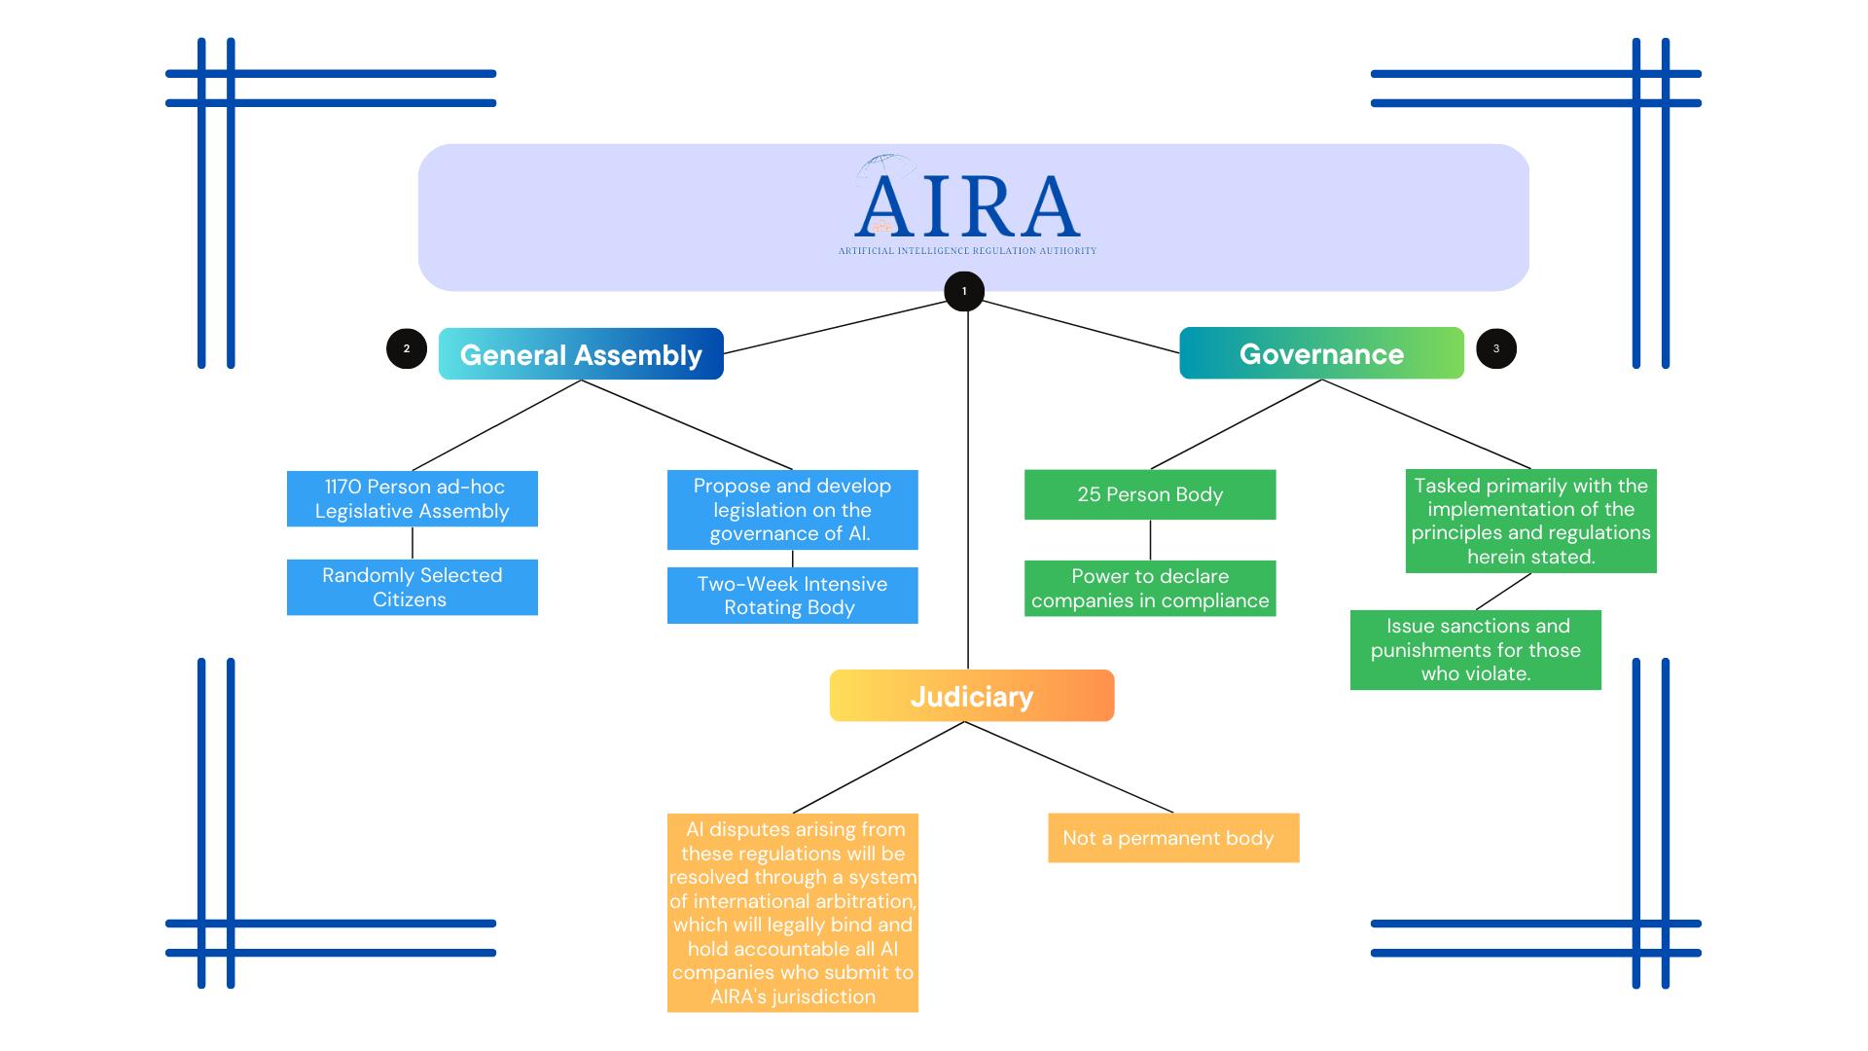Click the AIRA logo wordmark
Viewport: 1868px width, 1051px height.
[967, 205]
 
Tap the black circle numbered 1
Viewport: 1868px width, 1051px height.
[964, 291]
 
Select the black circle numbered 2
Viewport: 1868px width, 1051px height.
[407, 348]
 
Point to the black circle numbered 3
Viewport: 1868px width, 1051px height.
[1496, 348]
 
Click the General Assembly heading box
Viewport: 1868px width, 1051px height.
[581, 354]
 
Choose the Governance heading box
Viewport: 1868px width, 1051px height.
[1321, 353]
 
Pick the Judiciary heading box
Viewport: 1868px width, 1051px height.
[971, 696]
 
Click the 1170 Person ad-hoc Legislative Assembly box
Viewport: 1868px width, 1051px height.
[412, 498]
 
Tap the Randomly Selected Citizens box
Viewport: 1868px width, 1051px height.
[412, 587]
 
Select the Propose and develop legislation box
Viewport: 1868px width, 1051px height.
[792, 510]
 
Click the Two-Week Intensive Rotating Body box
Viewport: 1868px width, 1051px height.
[792, 596]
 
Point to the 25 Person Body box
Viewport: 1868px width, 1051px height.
[1150, 494]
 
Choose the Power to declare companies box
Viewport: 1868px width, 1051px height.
[1150, 588]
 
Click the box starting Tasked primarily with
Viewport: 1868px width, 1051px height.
[1530, 522]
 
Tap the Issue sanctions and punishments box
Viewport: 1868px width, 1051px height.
[1475, 650]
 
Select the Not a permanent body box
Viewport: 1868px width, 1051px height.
[1172, 838]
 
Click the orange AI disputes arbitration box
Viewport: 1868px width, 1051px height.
[792, 913]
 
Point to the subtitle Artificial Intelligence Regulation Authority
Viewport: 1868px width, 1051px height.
[967, 251]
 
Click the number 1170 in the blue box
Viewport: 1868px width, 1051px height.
[342, 487]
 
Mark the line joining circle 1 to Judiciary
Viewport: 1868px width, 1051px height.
[968, 487]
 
